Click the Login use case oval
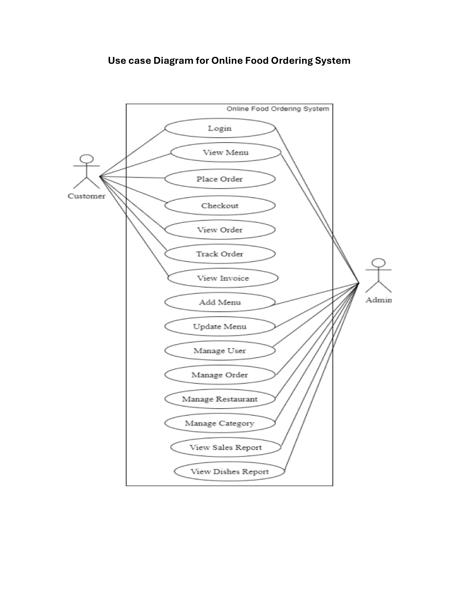pos(220,128)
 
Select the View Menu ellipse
pos(226,152)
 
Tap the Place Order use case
pos(220,179)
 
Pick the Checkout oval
pos(220,206)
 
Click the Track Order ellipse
pos(220,254)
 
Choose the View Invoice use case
pos(223,278)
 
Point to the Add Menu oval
pos(220,302)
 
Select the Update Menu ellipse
pos(220,326)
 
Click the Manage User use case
pos(220,350)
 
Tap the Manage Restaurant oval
pos(220,399)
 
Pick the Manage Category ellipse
pos(220,423)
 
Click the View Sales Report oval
pos(226,447)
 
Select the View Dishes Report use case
pos(229,471)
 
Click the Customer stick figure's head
pos(87,159)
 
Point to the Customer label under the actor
pos(87,196)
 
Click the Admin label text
pos(379,300)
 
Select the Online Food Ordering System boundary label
pos(278,109)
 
